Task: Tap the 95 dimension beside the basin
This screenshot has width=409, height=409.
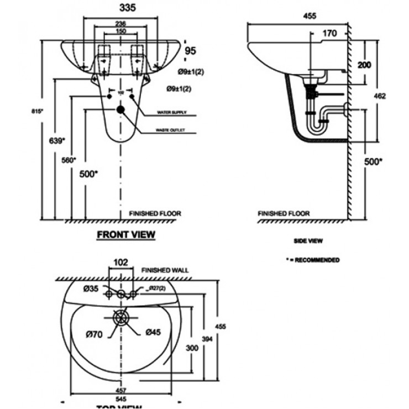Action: click(x=191, y=51)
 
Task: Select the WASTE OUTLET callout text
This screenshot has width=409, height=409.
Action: click(x=171, y=131)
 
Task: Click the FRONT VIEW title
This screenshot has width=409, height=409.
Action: click(x=126, y=234)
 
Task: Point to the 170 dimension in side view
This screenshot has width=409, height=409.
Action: click(x=329, y=34)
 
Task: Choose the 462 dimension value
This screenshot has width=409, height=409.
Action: click(x=379, y=96)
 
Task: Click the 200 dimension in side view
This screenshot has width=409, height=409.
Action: click(x=364, y=65)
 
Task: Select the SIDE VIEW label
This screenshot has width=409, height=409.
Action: click(x=308, y=241)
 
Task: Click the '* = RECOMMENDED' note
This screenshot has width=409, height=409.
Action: click(x=313, y=260)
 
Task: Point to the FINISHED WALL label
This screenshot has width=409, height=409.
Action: click(x=165, y=270)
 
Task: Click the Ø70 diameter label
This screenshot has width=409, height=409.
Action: click(x=94, y=333)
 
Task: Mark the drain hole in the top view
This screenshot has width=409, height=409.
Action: click(x=120, y=318)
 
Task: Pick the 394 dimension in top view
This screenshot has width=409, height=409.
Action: click(x=206, y=338)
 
